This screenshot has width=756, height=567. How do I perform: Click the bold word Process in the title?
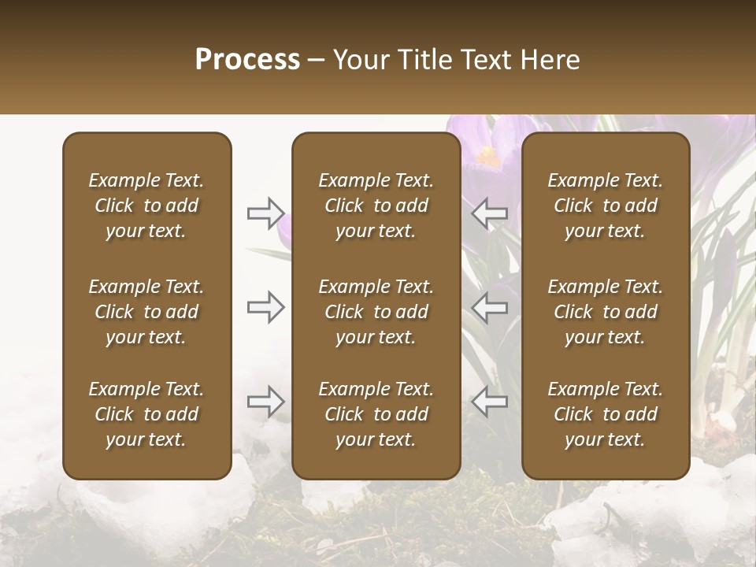tap(247, 60)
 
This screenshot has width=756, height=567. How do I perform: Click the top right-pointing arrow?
tap(266, 213)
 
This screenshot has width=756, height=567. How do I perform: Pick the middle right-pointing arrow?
tap(266, 307)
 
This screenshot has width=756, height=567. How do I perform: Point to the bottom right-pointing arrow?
tap(266, 402)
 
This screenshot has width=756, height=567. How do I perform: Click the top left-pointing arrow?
tap(490, 213)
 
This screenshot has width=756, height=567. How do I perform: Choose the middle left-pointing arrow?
tap(490, 307)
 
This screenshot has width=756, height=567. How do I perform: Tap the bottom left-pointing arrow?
tap(490, 402)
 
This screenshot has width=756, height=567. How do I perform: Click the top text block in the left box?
tap(146, 206)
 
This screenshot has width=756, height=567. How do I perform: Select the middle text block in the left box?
tap(146, 312)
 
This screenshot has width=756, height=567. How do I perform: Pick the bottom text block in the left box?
tap(146, 414)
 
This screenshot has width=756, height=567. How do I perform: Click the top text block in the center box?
tap(376, 206)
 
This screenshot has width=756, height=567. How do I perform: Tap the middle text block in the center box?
tap(376, 312)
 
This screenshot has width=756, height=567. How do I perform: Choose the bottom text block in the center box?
tap(376, 414)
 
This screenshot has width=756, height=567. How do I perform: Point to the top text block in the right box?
tap(606, 206)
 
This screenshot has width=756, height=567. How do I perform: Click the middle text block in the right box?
tap(606, 312)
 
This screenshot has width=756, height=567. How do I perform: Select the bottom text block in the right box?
tap(606, 414)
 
